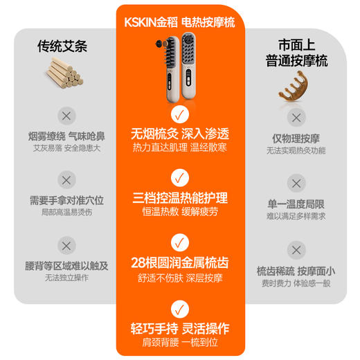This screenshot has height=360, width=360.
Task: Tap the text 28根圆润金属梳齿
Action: click(179, 264)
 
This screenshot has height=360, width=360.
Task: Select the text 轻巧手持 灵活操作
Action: click(179, 328)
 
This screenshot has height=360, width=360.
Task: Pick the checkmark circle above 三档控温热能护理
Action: click(179, 178)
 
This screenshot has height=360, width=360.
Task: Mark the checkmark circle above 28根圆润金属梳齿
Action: click(179, 242)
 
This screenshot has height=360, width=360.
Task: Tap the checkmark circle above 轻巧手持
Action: click(179, 306)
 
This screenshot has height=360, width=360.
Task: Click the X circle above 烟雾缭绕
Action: click(66, 116)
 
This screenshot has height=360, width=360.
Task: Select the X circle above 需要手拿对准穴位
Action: click(66, 180)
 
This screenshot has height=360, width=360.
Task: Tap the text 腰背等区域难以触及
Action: click(66, 265)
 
